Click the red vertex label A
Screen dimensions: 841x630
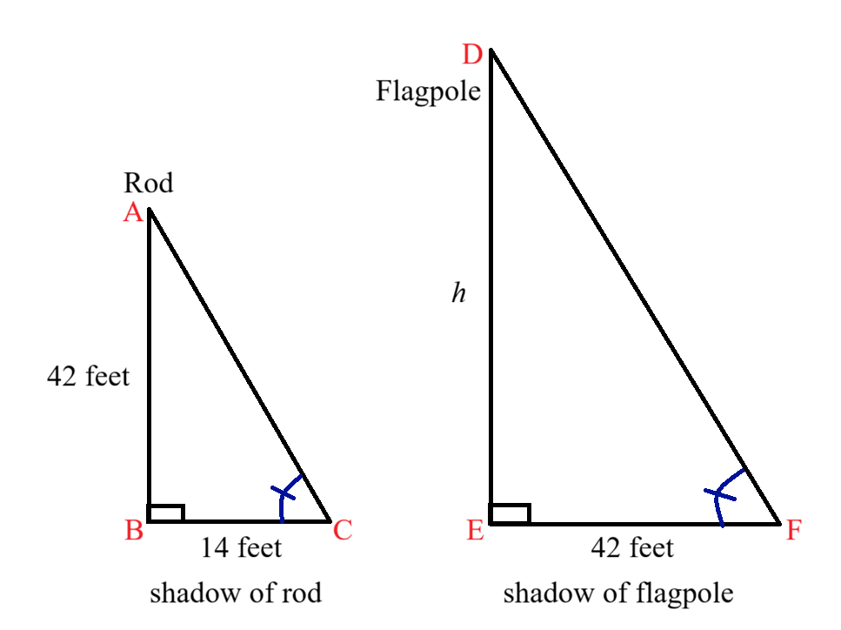click(133, 212)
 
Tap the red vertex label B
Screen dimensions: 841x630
click(134, 530)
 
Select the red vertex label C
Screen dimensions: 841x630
click(342, 530)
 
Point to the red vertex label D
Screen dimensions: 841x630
click(472, 55)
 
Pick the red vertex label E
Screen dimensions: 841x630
click(476, 530)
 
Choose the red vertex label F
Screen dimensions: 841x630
click(794, 530)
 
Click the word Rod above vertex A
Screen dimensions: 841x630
click(149, 183)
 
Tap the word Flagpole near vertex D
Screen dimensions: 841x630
click(428, 91)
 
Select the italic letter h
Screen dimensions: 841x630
click(458, 293)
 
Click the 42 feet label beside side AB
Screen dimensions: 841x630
click(89, 376)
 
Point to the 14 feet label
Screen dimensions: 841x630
click(242, 548)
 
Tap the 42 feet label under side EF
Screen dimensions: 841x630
click(632, 548)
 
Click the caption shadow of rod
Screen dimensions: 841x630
click(236, 593)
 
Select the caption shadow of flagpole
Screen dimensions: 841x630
click(618, 594)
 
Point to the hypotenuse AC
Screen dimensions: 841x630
click(240, 365)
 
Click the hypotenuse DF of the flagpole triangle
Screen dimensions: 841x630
click(636, 286)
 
